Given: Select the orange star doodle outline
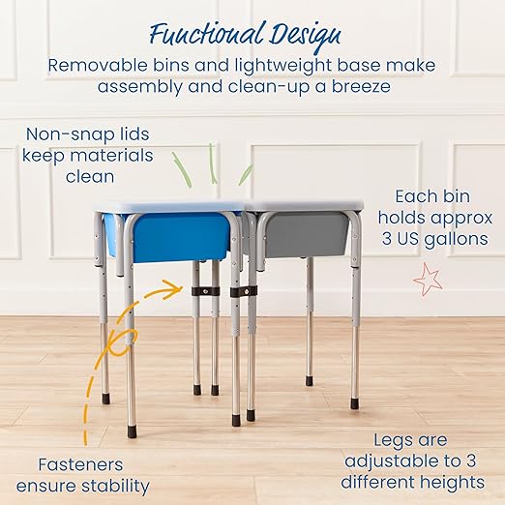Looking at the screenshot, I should coord(426,281).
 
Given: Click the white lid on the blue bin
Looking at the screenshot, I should coord(166,206).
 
